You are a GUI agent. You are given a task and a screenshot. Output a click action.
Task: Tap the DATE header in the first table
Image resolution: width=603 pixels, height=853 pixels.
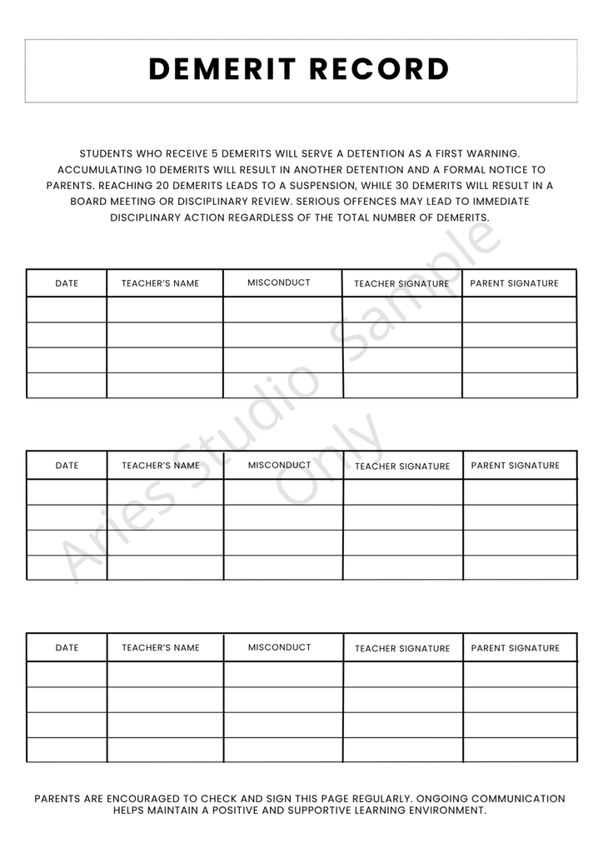pos(67,283)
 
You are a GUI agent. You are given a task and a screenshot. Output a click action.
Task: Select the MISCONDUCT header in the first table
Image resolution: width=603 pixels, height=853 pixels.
pos(279,282)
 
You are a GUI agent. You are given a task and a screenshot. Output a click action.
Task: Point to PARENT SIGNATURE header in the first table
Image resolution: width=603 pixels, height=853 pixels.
pos(515,283)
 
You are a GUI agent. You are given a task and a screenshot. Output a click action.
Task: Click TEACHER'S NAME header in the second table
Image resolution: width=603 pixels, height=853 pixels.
pos(161,466)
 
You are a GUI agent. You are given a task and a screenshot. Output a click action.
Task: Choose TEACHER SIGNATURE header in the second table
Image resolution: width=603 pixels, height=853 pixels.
pos(402,466)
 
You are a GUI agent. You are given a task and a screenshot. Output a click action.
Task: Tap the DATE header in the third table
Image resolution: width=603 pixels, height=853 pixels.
pos(67,648)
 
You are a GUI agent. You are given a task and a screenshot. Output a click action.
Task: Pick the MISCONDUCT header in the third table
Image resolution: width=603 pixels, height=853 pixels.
pos(280,647)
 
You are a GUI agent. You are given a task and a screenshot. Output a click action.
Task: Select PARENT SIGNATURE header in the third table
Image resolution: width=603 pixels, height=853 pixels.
pos(516,648)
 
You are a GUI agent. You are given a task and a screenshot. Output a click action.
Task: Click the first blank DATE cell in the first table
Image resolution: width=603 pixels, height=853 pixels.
pos(67,310)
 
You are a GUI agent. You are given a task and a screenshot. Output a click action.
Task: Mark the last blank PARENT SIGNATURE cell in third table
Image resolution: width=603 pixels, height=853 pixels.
pos(520,750)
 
